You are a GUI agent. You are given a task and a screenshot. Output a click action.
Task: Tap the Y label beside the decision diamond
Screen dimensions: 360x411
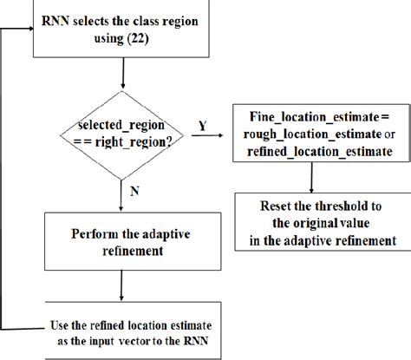pyautogui.click(x=202, y=124)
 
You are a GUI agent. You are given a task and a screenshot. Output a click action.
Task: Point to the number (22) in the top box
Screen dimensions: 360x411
pyautogui.click(x=140, y=41)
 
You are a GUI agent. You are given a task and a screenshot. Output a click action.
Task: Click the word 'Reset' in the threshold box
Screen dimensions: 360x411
pyautogui.click(x=276, y=207)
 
